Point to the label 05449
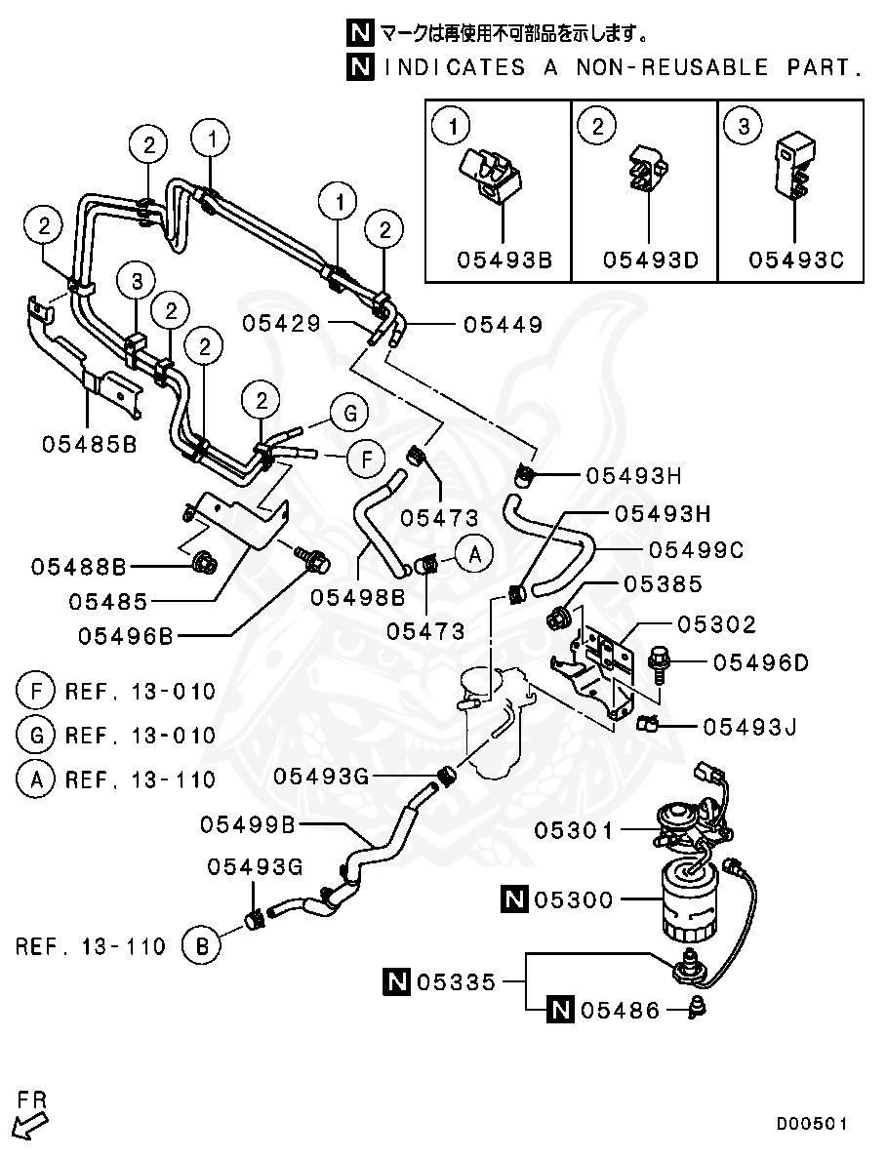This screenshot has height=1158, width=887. (503, 324)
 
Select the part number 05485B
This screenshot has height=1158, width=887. (90, 444)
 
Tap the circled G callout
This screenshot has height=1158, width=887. (347, 414)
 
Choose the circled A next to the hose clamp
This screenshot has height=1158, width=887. (474, 554)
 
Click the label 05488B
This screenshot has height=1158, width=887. (78, 566)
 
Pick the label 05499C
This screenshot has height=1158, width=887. (696, 550)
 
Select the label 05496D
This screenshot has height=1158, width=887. (760, 662)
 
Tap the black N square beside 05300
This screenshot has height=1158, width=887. (514, 899)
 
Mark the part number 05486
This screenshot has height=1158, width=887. (621, 1011)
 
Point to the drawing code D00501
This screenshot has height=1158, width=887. (812, 1124)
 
